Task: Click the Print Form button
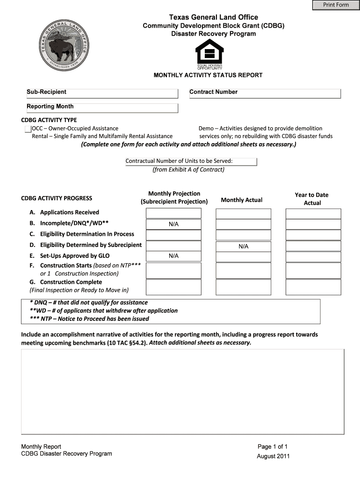(x=336, y=5)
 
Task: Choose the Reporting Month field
(x=102, y=108)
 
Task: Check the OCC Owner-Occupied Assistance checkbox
(x=28, y=129)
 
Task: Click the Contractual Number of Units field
(x=191, y=161)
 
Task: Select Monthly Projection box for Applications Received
(x=173, y=213)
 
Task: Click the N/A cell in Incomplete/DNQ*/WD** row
(x=173, y=225)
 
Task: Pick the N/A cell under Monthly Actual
(x=243, y=246)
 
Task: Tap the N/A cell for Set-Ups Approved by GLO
(x=173, y=256)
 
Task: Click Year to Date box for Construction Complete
(x=313, y=287)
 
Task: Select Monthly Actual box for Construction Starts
(x=243, y=270)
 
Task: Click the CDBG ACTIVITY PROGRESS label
(x=57, y=198)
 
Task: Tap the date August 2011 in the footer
(x=274, y=456)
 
